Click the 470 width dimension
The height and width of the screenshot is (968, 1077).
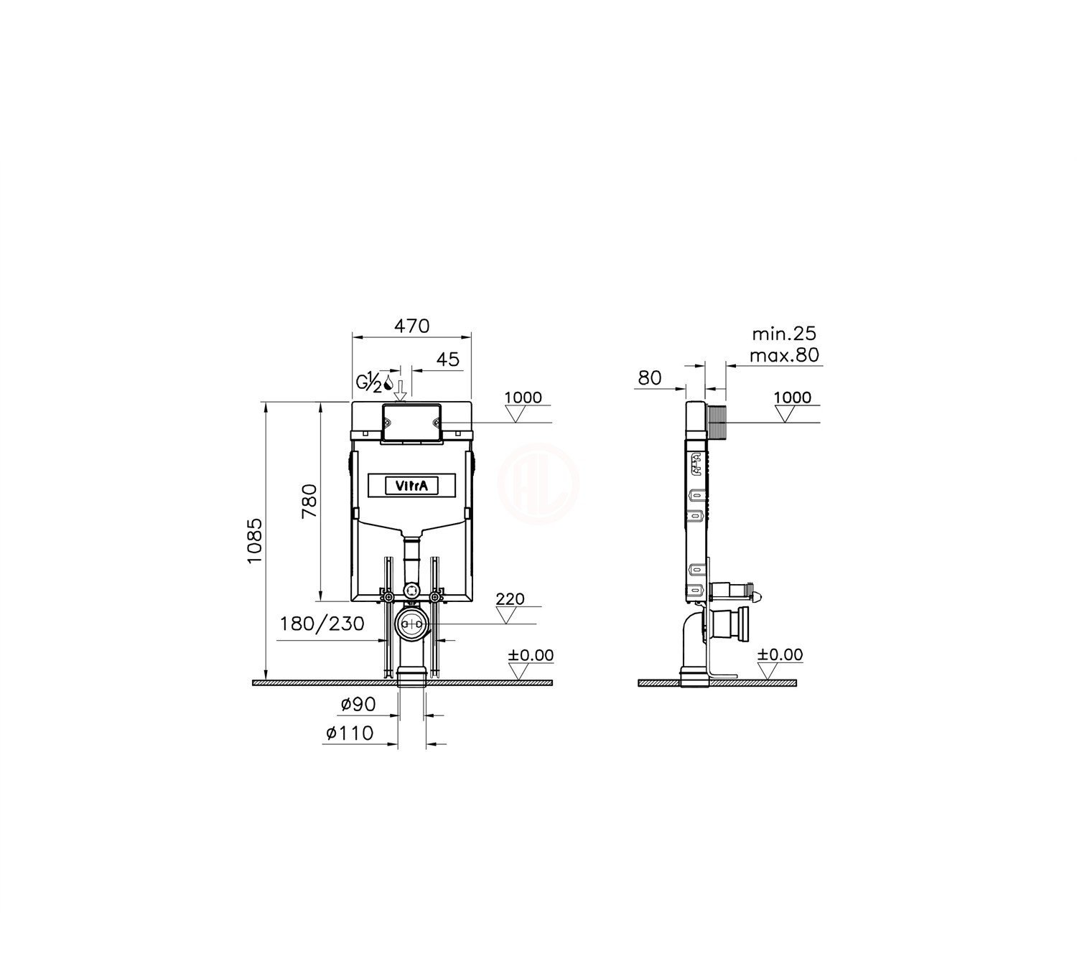point(412,326)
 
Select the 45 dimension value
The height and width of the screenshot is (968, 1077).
point(448,360)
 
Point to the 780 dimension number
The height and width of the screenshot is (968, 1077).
point(309,501)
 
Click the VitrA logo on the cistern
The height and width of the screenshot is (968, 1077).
point(412,486)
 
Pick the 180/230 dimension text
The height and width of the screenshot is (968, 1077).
point(322,624)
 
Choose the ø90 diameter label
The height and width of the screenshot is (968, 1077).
point(358,704)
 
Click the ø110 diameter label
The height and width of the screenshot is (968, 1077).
point(349,733)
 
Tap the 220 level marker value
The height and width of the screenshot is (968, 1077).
point(510,599)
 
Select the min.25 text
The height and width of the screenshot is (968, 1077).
point(784,334)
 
